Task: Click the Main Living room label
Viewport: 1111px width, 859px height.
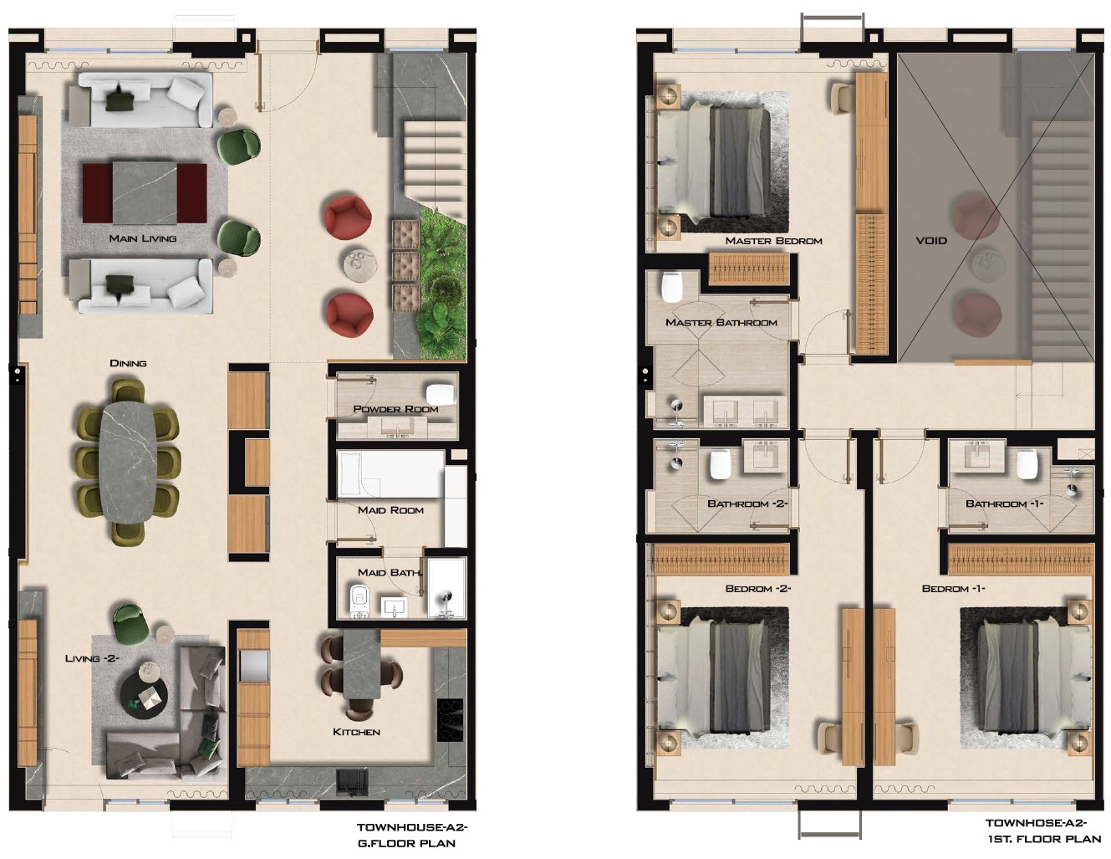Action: (x=143, y=238)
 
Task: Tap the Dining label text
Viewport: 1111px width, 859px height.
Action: (x=129, y=363)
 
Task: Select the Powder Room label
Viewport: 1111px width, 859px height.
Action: (x=395, y=409)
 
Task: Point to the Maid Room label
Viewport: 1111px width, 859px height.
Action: (x=390, y=509)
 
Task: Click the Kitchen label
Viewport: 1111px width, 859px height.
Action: (x=356, y=732)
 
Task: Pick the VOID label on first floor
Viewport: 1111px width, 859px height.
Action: (x=931, y=240)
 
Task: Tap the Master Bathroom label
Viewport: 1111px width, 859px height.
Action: (x=721, y=323)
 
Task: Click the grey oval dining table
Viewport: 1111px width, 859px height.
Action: (x=127, y=463)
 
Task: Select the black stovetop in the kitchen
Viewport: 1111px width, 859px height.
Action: (x=450, y=720)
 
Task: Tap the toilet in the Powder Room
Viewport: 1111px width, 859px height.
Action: (x=441, y=394)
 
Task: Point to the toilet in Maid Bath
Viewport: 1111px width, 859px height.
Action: (x=359, y=601)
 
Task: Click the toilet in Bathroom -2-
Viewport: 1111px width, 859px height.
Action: (x=721, y=463)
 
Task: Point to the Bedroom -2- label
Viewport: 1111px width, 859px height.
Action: (x=757, y=589)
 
